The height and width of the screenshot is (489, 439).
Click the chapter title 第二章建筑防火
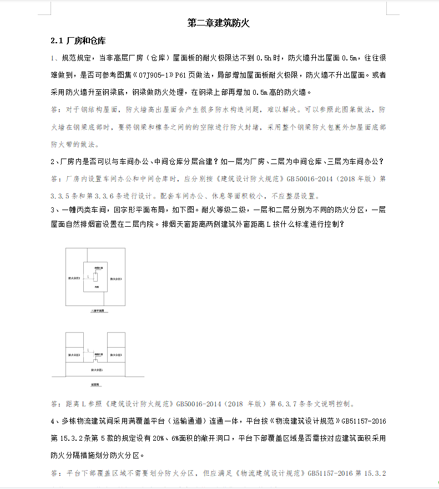[219, 23]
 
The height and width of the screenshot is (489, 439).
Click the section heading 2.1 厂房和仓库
[78, 42]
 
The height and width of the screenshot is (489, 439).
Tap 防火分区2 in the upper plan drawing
[74, 278]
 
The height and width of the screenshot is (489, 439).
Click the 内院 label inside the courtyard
[97, 288]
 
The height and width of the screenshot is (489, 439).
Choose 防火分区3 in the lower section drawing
[116, 355]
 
